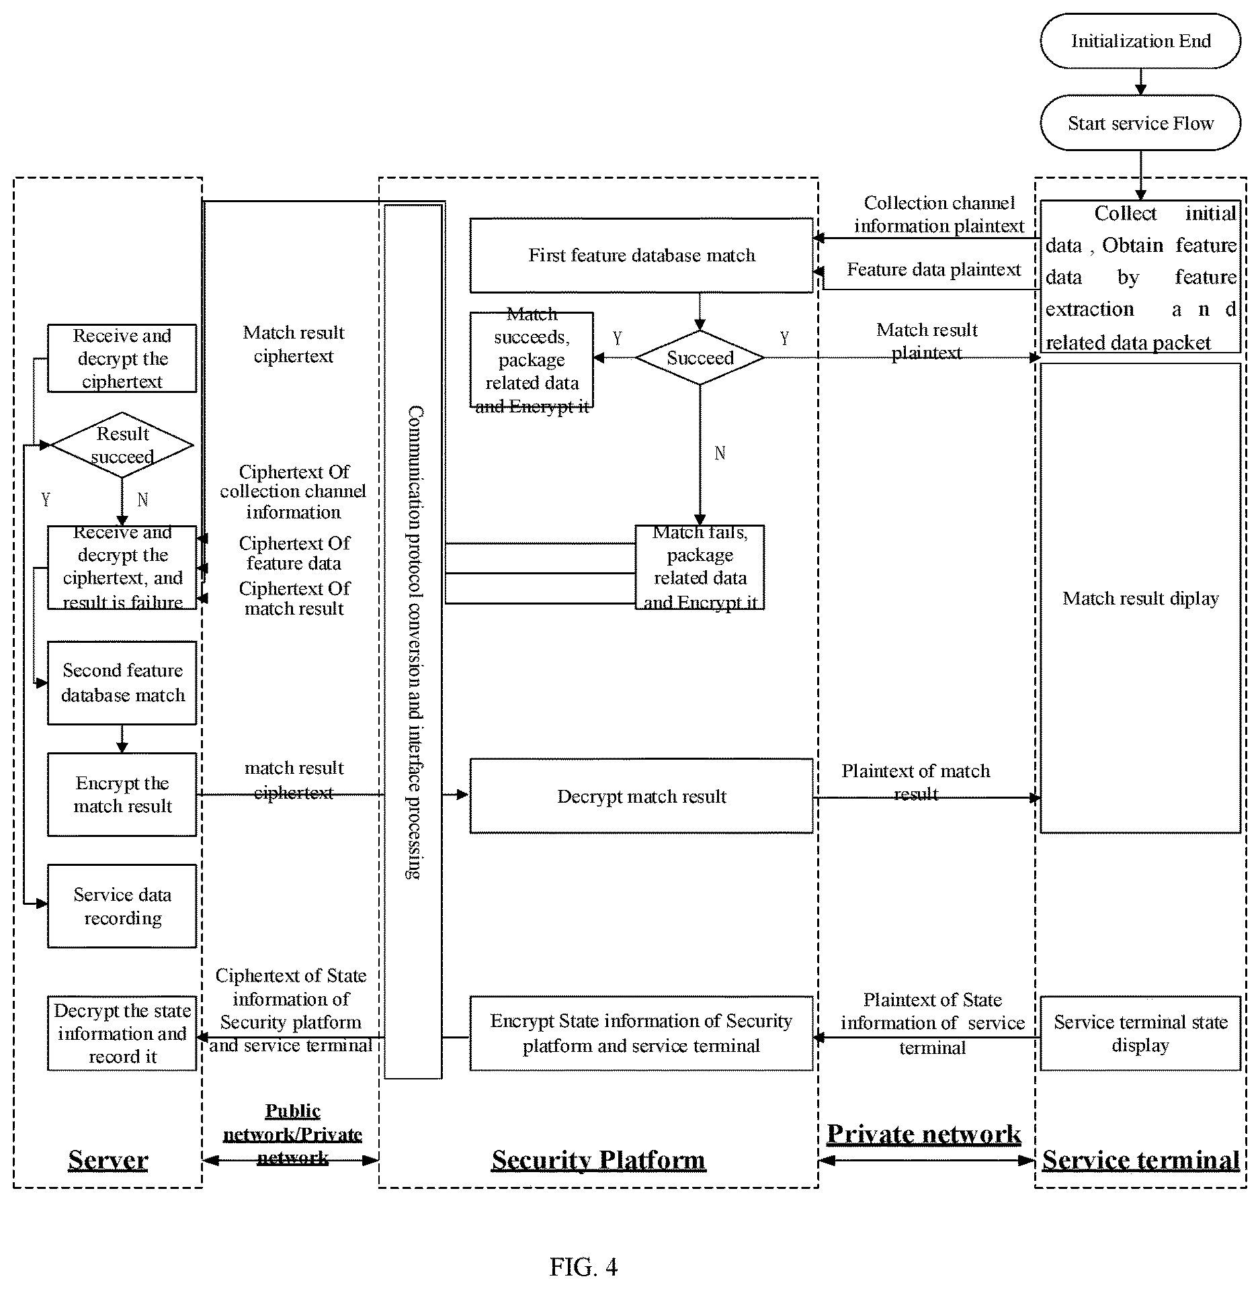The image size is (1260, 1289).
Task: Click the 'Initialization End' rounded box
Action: pyautogui.click(x=1140, y=41)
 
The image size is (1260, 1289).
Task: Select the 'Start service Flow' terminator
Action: pyautogui.click(x=1140, y=123)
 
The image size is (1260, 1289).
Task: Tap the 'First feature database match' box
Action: pyautogui.click(x=641, y=255)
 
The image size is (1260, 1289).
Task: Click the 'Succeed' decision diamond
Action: pyautogui.click(x=700, y=357)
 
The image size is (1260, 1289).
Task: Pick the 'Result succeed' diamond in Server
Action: pyautogui.click(x=122, y=445)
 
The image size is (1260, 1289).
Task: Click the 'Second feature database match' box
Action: pyautogui.click(x=122, y=682)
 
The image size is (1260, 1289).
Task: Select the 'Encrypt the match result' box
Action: pyautogui.click(x=122, y=795)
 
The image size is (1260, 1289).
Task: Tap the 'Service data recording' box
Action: pyautogui.click(x=122, y=906)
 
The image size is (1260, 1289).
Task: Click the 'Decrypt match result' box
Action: pyautogui.click(x=641, y=796)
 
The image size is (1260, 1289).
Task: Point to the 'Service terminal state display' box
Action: pyautogui.click(x=1140, y=1033)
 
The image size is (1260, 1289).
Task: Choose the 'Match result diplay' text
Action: pyautogui.click(x=1140, y=598)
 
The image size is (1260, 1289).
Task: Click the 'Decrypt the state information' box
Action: pyautogui.click(x=122, y=1033)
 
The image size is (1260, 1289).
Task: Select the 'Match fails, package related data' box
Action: pyautogui.click(x=700, y=567)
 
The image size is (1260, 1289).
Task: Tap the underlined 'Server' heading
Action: pyautogui.click(x=108, y=1160)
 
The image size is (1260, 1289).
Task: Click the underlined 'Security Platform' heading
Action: pyautogui.click(x=598, y=1160)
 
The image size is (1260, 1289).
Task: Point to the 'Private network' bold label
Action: pyautogui.click(x=923, y=1134)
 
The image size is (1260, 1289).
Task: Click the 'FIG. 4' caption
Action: pyautogui.click(x=583, y=1267)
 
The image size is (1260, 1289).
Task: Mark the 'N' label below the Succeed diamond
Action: pyautogui.click(x=720, y=453)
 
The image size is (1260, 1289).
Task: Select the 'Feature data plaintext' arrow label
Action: pyautogui.click(x=933, y=269)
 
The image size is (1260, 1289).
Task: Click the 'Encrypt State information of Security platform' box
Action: pyautogui.click(x=641, y=1033)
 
